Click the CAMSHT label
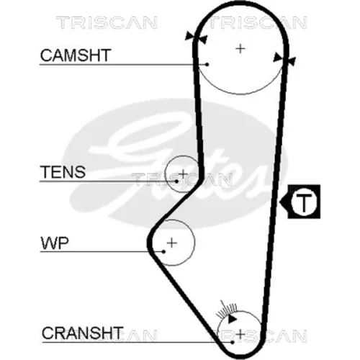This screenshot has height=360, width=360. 76,55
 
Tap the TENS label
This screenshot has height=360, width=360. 63,171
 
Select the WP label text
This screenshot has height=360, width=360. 55,243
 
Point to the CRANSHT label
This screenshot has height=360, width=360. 82,333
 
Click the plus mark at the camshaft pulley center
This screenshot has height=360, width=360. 240,49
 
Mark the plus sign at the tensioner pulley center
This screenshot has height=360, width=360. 184,174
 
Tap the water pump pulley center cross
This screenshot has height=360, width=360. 172,243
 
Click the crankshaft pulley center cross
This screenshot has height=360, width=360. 240,334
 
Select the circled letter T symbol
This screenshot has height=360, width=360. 304,202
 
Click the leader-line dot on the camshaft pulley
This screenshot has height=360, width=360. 207,64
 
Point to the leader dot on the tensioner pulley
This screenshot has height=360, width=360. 176,181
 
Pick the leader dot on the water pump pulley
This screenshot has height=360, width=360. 163,251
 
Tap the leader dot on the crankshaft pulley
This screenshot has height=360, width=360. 232,342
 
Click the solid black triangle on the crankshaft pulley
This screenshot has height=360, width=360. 232,320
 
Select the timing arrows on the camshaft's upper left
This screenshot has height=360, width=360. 197,37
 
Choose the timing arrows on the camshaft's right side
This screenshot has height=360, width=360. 284,59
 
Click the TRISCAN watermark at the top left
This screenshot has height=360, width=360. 107,22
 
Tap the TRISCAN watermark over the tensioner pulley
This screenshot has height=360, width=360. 182,179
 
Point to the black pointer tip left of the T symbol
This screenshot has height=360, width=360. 280,202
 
